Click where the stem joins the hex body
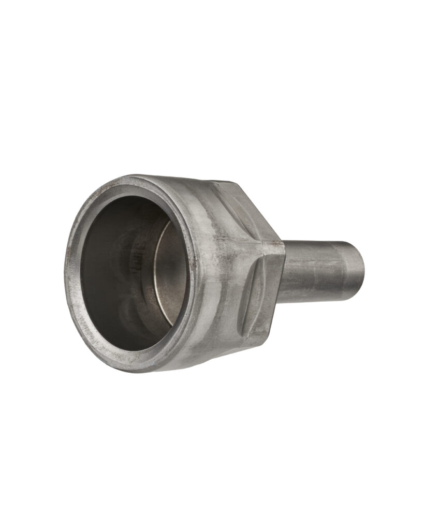pos(282,272)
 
